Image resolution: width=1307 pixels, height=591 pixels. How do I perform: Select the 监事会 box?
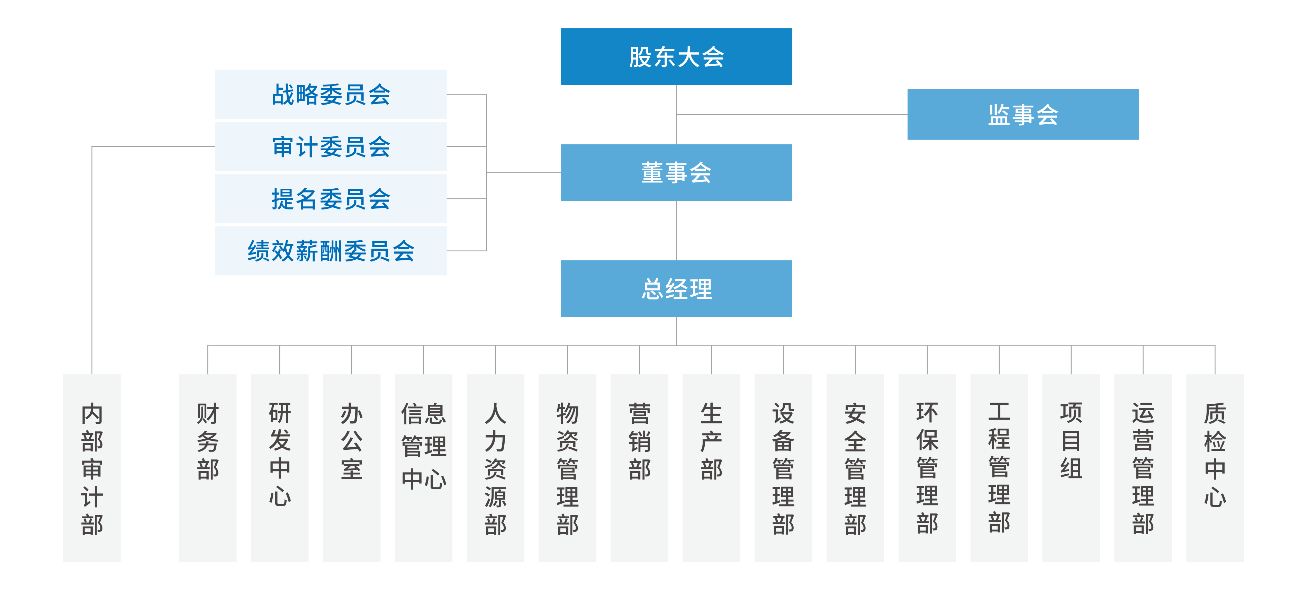[1022, 114]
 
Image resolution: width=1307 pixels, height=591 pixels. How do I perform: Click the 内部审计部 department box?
[92, 468]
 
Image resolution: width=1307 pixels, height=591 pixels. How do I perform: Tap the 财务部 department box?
[208, 468]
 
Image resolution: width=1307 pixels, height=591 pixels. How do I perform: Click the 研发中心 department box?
[280, 468]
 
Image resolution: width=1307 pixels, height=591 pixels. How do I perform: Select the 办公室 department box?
[352, 468]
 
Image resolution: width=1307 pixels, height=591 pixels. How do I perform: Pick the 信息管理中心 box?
[424, 468]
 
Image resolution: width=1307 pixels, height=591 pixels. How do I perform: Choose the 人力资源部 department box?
[495, 468]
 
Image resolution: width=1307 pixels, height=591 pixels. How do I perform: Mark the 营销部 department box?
[639, 468]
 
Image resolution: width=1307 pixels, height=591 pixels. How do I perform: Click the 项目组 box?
[1071, 468]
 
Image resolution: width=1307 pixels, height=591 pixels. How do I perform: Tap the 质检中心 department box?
[1215, 468]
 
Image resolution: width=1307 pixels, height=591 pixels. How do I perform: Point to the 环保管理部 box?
[927, 468]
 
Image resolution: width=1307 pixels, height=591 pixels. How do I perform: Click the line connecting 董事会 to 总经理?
[676, 231]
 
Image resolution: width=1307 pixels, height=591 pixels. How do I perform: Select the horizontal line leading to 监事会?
[792, 115]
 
